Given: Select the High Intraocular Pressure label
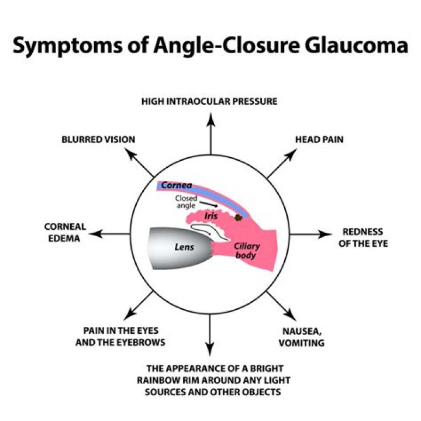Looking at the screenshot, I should (209, 102).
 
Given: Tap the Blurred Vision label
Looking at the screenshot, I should (98, 140).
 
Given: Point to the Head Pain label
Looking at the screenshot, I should (319, 140).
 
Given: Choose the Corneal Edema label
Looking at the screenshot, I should (65, 233).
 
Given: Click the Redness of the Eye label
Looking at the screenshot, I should (363, 237).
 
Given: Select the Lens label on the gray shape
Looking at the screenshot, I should (184, 247).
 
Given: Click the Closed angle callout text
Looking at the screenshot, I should (186, 202).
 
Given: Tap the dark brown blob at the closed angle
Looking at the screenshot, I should (238, 218).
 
